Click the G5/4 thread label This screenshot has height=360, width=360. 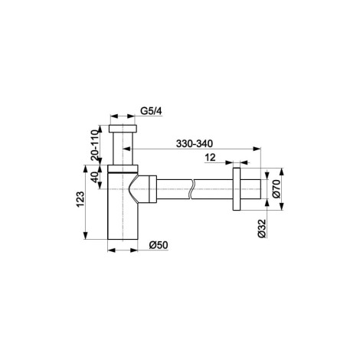tap(151, 111)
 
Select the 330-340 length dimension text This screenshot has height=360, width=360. tap(194, 144)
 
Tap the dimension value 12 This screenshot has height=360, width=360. tap(210, 158)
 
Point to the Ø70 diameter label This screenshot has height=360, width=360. tap(277, 189)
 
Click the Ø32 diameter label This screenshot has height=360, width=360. tap(262, 229)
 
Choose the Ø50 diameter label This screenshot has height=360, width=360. tap(159, 245)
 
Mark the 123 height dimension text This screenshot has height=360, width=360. tap(80, 199)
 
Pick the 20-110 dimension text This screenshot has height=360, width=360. tap(95, 145)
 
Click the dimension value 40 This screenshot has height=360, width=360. tap(95, 177)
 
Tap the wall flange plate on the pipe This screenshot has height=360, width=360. tap(237, 189)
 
